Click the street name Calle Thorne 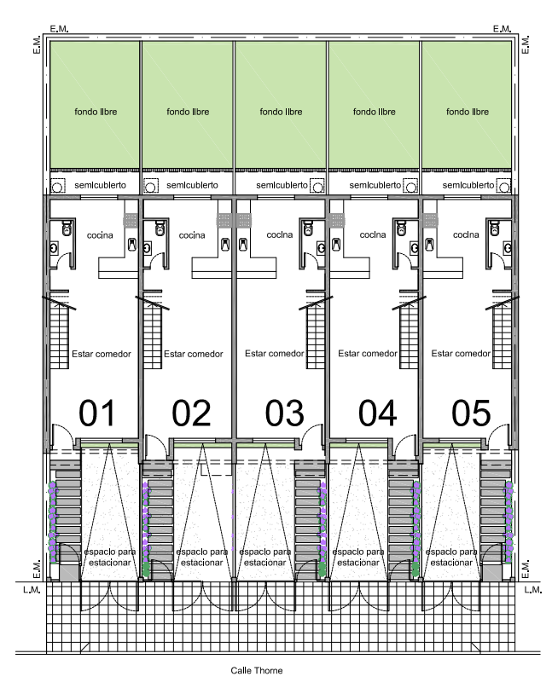click(x=256, y=670)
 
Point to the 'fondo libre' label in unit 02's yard click(x=188, y=112)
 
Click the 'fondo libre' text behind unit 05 click(x=468, y=112)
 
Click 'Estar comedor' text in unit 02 click(x=194, y=354)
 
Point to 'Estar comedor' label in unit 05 click(x=462, y=354)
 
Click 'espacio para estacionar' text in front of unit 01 click(x=108, y=558)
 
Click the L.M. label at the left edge click(x=25, y=590)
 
